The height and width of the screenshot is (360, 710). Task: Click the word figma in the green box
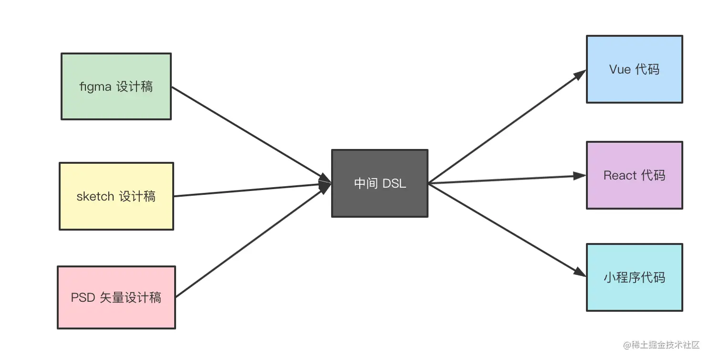(x=95, y=87)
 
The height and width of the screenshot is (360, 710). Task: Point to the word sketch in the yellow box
(x=95, y=196)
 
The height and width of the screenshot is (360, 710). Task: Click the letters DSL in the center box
(x=394, y=184)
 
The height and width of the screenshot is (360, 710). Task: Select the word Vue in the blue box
(x=620, y=70)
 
